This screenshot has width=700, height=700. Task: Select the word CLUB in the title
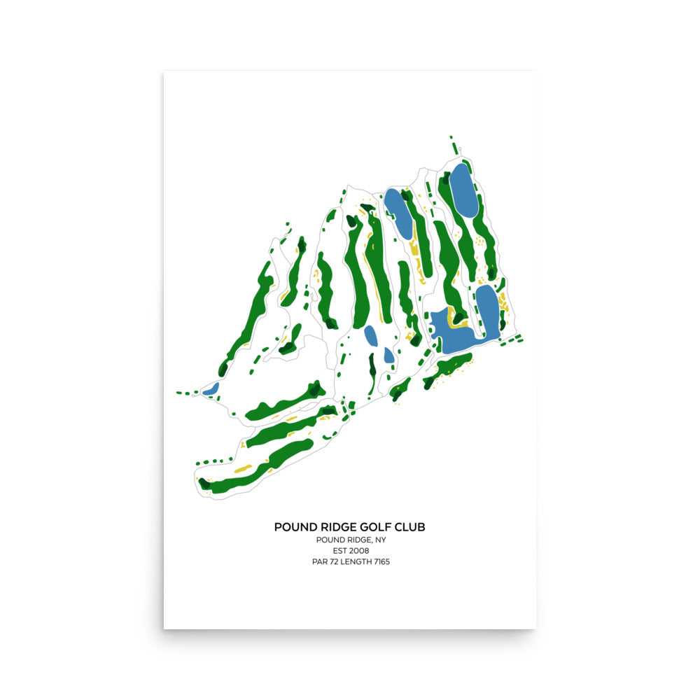tap(409, 526)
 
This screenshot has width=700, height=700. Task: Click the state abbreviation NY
tap(381, 540)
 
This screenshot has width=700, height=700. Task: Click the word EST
tap(339, 551)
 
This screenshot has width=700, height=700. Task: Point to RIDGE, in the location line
tap(359, 540)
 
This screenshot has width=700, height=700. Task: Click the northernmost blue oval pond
tap(463, 190)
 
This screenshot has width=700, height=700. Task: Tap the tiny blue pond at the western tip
tap(211, 388)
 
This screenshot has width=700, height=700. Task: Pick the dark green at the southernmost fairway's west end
tap(205, 483)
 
